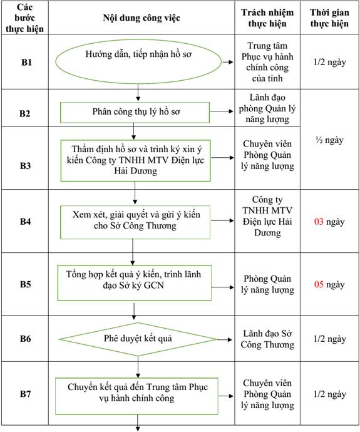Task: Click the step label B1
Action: tap(26, 62)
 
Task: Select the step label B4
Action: tap(25, 222)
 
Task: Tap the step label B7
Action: tap(25, 394)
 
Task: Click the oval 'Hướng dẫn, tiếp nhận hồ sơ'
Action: tap(138, 62)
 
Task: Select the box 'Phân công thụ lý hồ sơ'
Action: tap(135, 113)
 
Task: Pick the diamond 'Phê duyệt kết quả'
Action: tap(138, 339)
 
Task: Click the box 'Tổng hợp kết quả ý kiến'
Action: tap(135, 282)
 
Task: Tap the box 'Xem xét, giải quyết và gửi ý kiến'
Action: tap(135, 222)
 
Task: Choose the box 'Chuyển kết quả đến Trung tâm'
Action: tap(136, 396)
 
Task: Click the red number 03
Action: tap(319, 222)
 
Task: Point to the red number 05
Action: tap(319, 284)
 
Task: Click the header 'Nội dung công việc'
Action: tap(141, 18)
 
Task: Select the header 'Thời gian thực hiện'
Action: tap(329, 18)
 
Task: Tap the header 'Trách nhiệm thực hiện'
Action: tap(267, 18)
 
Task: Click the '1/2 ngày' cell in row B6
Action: tap(330, 339)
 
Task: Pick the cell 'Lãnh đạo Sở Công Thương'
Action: tap(267, 339)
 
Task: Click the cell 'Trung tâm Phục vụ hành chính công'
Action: tap(267, 62)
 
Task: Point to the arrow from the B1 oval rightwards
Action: tap(228, 62)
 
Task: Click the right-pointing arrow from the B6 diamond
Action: tap(225, 339)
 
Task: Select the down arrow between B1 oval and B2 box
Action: tap(138, 93)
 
